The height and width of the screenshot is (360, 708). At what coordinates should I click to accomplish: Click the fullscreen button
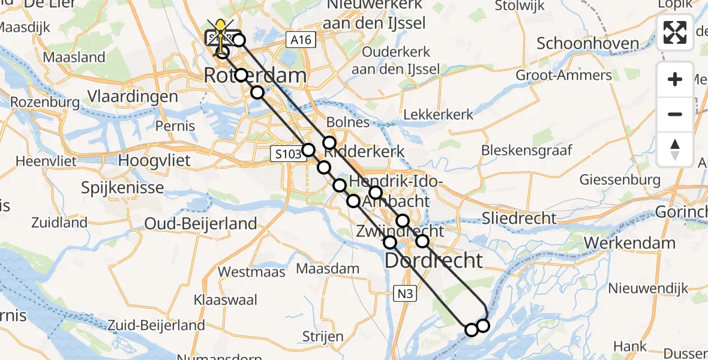pyautogui.click(x=675, y=33)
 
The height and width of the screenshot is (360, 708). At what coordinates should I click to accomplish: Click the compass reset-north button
pyautogui.click(x=675, y=149)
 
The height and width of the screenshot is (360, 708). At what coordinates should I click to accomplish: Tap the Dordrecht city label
pyautogui.click(x=433, y=260)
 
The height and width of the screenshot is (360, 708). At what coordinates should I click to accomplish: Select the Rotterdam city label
pyautogui.click(x=255, y=76)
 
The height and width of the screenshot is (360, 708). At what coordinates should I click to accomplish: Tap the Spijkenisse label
pyautogui.click(x=122, y=188)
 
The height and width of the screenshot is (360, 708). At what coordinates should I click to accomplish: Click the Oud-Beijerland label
pyautogui.click(x=200, y=224)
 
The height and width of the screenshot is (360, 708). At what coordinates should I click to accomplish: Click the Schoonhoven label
pyautogui.click(x=579, y=44)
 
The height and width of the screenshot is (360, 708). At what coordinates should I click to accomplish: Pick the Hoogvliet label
pyautogui.click(x=154, y=161)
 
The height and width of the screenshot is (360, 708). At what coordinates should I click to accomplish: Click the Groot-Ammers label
pyautogui.click(x=563, y=76)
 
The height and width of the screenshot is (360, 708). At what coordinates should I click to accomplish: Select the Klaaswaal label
pyautogui.click(x=225, y=299)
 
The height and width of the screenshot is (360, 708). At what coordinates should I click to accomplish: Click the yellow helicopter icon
pyautogui.click(x=221, y=33)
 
